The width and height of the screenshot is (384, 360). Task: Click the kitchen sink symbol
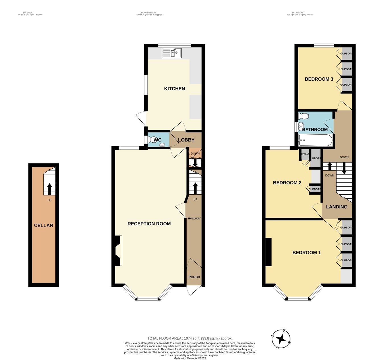[172, 53]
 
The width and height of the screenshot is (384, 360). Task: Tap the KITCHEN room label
[174, 89]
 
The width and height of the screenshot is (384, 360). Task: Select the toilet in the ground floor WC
[150, 140]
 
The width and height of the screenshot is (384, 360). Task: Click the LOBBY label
[186, 140]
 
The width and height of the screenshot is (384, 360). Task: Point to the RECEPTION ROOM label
[149, 224]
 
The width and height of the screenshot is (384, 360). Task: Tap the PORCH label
[194, 277]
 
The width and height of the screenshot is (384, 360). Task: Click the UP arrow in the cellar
[49, 189]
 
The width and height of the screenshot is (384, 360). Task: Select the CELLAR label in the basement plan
[44, 225]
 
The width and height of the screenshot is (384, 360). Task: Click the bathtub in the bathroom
[315, 140]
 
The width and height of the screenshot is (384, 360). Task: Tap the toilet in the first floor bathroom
[304, 116]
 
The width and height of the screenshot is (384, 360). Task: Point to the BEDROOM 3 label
[319, 79]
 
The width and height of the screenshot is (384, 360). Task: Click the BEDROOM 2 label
[287, 182]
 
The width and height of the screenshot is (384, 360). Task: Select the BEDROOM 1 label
[306, 252]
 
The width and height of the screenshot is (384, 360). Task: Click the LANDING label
[336, 207]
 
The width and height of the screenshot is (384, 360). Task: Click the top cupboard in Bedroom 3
[346, 53]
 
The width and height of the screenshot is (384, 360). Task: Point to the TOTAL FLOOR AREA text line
[190, 338]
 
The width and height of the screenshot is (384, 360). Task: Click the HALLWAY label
[194, 218]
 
